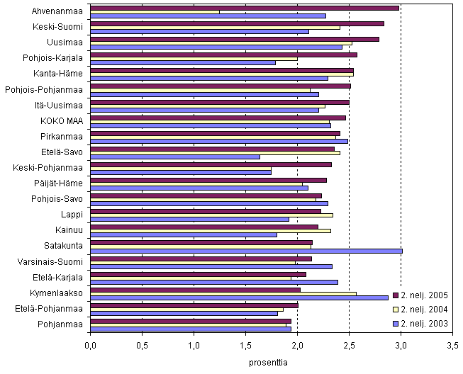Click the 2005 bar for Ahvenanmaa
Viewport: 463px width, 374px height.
tap(245, 8)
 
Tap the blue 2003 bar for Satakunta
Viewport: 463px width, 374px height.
tap(246, 251)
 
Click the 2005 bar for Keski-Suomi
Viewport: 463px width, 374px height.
tap(237, 23)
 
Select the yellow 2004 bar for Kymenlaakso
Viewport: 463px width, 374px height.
tap(223, 293)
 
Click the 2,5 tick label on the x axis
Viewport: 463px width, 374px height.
tap(349, 347)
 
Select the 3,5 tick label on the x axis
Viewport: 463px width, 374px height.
tap(452, 347)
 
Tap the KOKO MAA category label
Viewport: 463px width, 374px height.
tap(62, 120)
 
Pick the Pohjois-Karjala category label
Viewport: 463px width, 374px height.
tap(57, 58)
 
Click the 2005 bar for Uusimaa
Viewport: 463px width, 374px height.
tap(235, 39)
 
